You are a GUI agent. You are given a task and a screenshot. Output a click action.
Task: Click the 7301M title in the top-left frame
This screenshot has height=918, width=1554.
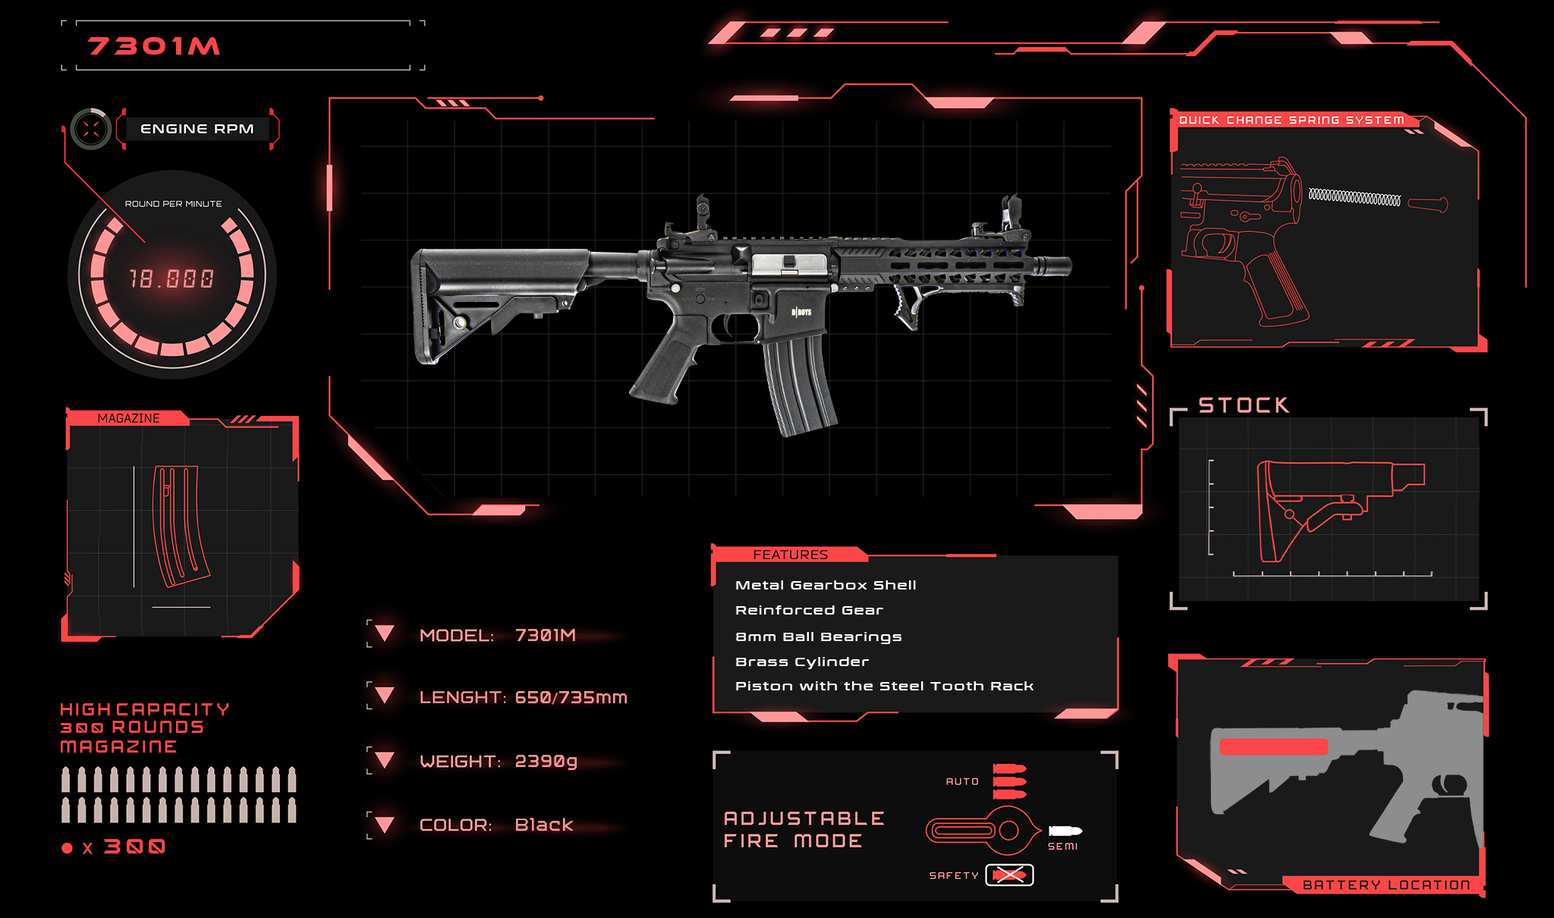(154, 46)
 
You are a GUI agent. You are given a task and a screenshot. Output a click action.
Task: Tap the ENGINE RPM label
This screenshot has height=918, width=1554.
(197, 129)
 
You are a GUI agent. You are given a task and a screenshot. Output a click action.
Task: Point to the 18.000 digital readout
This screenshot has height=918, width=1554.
(171, 278)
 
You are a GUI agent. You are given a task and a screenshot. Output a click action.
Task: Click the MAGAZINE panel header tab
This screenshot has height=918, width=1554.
(128, 418)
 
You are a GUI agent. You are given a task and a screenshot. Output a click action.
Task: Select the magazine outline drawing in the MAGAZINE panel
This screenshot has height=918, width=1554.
(180, 526)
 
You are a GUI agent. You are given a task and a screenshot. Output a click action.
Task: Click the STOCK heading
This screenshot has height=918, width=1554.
(1244, 405)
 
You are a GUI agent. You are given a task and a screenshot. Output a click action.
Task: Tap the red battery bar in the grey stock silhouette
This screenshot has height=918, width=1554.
(1273, 747)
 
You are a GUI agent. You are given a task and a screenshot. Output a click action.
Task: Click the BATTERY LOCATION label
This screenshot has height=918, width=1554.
(1386, 885)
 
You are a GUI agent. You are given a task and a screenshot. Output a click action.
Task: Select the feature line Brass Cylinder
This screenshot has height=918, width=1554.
(802, 662)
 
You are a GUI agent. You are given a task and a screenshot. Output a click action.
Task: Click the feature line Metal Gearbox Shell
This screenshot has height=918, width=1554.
(826, 585)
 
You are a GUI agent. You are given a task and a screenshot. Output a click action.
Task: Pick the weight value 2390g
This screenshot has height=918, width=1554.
(546, 761)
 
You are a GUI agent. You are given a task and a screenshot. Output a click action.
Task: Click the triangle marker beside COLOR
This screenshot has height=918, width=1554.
(385, 825)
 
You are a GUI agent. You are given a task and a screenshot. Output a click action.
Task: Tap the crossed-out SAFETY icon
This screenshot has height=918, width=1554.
(1009, 875)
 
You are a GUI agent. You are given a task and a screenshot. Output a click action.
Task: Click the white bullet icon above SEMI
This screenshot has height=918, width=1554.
(1065, 831)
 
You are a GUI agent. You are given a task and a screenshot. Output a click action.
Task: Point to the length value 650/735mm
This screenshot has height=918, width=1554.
(571, 697)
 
